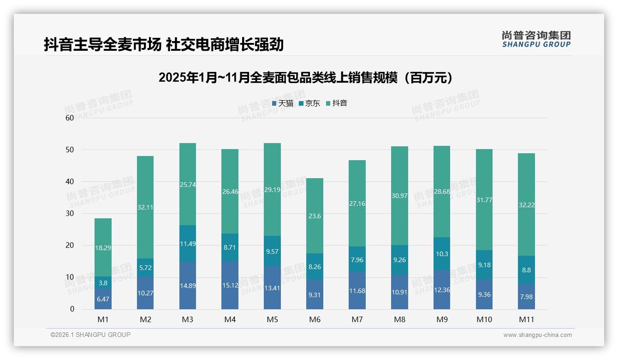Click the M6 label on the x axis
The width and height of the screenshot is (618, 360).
[x=315, y=319]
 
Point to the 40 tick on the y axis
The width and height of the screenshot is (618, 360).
[x=70, y=181]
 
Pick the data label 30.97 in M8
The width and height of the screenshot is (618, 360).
[x=399, y=196]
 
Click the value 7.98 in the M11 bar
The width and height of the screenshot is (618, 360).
[x=526, y=297]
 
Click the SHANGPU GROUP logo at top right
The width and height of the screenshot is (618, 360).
[x=536, y=39]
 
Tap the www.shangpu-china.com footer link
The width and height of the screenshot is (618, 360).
[x=537, y=335]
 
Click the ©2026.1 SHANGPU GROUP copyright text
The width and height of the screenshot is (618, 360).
[x=90, y=335]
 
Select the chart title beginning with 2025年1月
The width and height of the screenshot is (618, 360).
[x=306, y=78]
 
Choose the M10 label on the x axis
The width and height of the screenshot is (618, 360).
[x=484, y=319]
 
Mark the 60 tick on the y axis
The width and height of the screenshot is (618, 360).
[x=70, y=118]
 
